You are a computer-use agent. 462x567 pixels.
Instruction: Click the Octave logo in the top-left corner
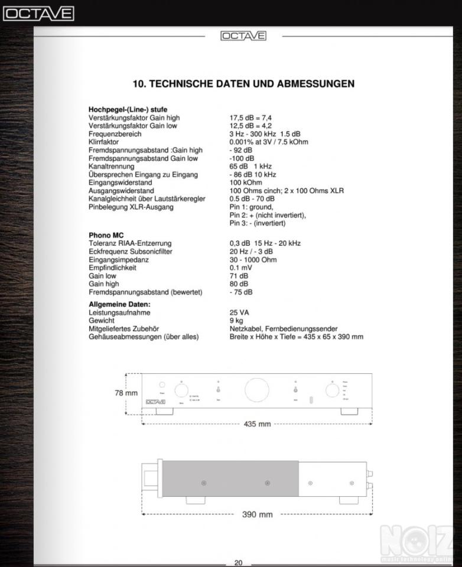pos(38,14)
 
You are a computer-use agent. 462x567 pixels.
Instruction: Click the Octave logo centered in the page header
pos(243,36)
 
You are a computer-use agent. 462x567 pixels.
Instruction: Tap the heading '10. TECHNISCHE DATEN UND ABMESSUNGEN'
pos(243,84)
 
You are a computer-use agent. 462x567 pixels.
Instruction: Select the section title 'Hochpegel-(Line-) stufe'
pos(128,109)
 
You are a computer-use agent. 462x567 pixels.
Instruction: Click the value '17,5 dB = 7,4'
pos(250,118)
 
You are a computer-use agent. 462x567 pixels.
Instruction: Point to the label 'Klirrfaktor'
pos(103,142)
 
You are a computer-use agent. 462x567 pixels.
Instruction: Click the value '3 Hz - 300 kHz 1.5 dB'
pos(265,134)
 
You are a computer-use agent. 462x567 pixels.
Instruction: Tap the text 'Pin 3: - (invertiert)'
pos(257,223)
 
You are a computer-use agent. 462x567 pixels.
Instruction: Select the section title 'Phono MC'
pos(106,235)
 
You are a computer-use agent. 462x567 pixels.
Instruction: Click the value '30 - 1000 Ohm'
pos(253,260)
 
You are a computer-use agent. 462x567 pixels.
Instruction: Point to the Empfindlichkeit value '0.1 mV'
pos(241,268)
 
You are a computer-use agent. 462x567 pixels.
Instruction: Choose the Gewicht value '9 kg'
pos(236,321)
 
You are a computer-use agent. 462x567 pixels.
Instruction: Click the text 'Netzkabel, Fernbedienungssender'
pos(284,329)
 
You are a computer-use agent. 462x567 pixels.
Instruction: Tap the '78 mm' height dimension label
pos(126,393)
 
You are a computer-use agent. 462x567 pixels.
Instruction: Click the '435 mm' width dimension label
pos(257,424)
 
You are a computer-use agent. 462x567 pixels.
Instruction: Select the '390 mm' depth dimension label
pos(257,514)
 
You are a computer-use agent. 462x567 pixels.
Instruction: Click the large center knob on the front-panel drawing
pos(256,390)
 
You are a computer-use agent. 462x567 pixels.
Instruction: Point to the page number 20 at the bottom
pos(238,563)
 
